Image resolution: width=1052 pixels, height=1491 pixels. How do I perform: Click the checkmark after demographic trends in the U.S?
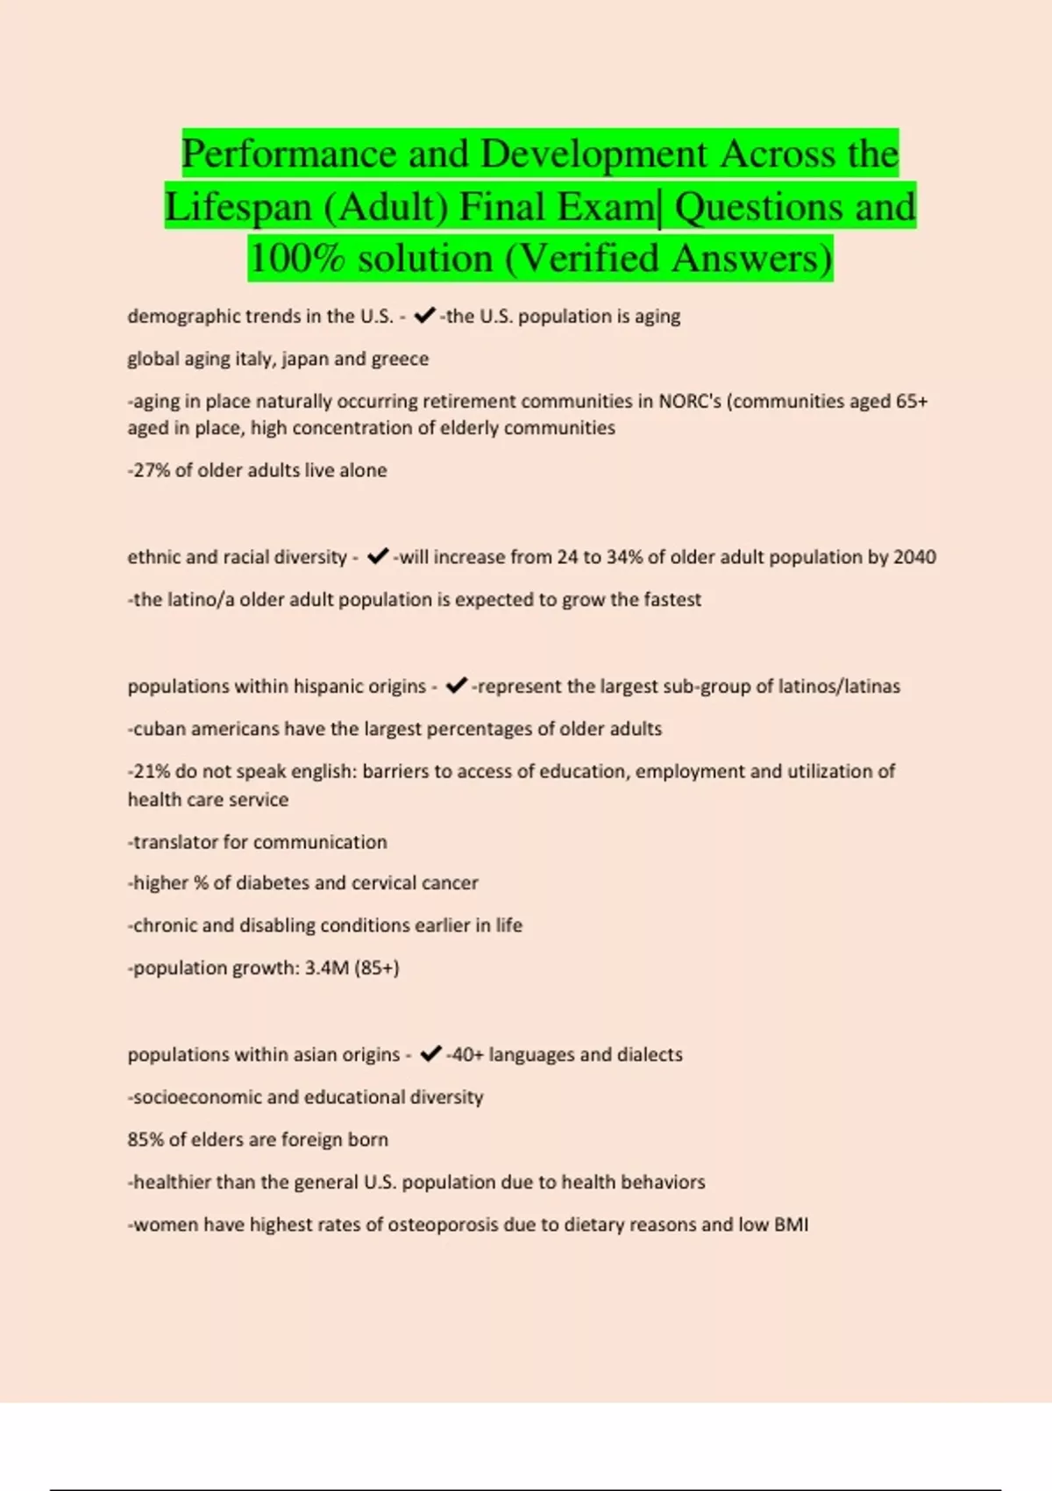(424, 316)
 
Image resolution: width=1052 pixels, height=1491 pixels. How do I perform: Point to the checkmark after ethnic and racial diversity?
(378, 557)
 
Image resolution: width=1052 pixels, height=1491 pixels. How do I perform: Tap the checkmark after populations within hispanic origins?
(456, 686)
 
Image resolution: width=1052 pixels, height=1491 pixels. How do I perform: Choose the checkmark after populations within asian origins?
(430, 1054)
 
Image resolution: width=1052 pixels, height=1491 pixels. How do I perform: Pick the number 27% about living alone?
(149, 470)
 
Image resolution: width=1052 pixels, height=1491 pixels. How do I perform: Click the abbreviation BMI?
(791, 1225)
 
